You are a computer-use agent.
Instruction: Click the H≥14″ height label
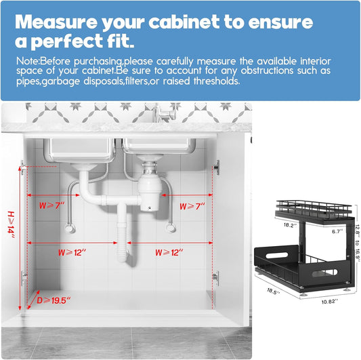11,224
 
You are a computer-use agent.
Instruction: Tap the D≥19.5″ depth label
54,300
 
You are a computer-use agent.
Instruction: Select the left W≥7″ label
51,205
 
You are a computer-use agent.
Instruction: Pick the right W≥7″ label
192,206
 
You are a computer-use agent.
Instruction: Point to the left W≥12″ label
72,253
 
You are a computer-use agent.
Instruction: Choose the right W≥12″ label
169,253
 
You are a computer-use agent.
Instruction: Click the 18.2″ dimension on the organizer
289,225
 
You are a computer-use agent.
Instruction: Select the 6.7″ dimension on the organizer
337,231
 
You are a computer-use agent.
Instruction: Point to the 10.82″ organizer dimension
330,302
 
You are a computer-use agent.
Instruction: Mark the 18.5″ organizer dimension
273,291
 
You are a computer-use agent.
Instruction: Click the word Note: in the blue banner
28,61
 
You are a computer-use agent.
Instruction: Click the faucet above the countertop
165,113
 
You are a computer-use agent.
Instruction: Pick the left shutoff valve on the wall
70,228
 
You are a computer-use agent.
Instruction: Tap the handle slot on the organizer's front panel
324,273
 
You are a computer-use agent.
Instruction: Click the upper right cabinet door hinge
216,167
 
